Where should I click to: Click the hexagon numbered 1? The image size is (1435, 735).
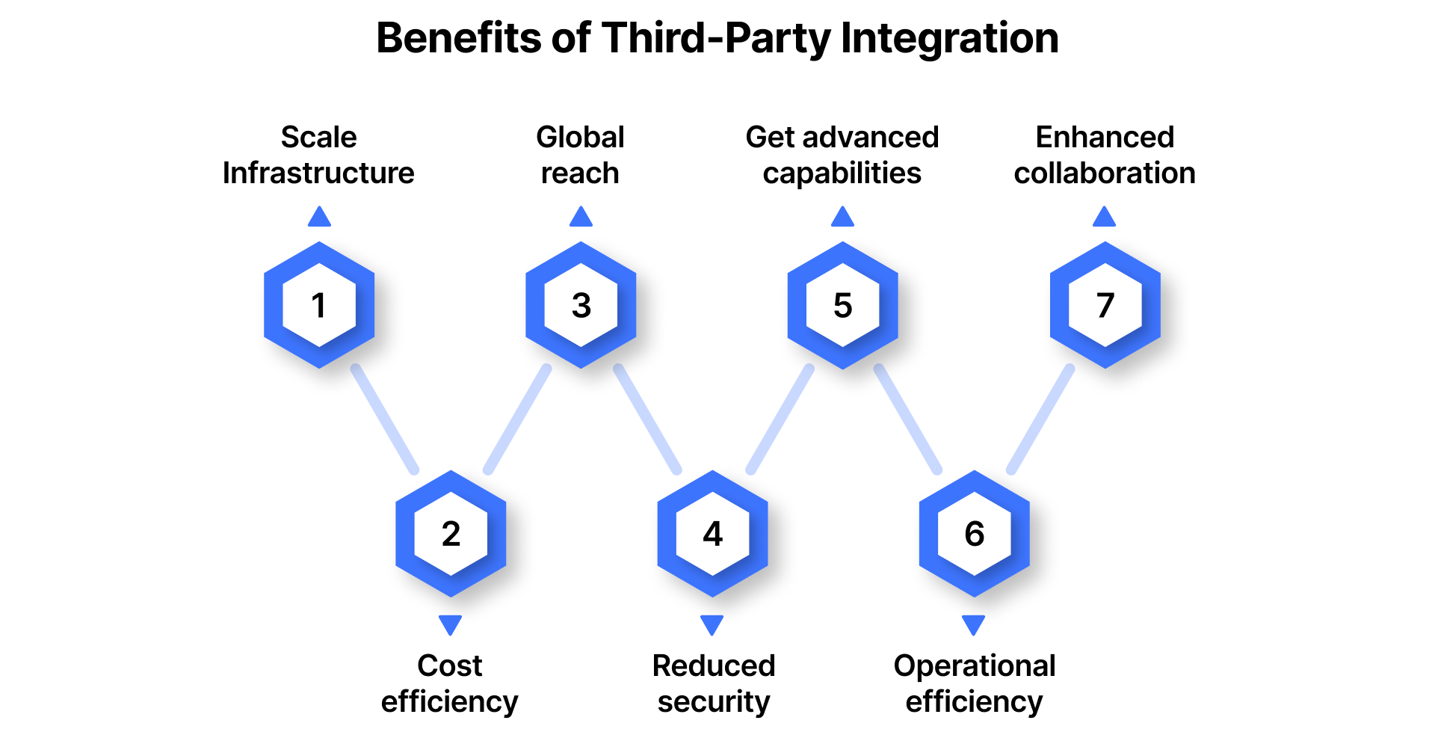(319, 305)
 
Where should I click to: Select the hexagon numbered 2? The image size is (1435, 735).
(451, 534)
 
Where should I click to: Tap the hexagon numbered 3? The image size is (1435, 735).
(581, 305)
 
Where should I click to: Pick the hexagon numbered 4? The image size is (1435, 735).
(712, 534)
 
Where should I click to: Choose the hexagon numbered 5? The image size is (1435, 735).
(842, 305)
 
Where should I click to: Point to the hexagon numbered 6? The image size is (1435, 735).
(974, 534)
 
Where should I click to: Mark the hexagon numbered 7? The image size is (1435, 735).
(1105, 305)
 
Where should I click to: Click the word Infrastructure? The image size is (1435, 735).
(318, 173)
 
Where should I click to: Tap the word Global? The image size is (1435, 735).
(580, 138)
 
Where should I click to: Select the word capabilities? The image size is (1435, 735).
(842, 173)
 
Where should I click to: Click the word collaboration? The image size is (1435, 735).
(1105, 173)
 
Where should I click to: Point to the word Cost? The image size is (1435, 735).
(450, 665)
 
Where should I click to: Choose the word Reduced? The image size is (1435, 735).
(714, 665)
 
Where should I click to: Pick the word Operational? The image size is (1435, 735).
(974, 665)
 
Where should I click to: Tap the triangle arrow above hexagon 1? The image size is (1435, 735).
(319, 218)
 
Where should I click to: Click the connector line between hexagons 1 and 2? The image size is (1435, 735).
(384, 419)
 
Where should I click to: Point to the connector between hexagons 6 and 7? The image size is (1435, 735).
(1040, 419)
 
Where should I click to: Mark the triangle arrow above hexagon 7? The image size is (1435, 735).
(1104, 218)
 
